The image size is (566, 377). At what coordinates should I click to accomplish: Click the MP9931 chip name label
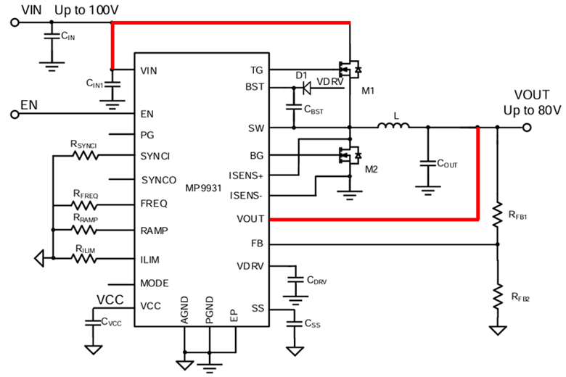pyautogui.click(x=203, y=188)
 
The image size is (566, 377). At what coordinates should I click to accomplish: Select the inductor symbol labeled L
pyautogui.click(x=393, y=125)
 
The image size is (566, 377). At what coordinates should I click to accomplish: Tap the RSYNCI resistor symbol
pyautogui.click(x=85, y=155)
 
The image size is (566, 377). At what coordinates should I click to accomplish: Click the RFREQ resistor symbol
pyautogui.click(x=84, y=205)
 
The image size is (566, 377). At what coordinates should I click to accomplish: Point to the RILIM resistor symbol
pyautogui.click(x=83, y=258)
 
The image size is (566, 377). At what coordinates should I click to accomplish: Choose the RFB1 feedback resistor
pyautogui.click(x=497, y=215)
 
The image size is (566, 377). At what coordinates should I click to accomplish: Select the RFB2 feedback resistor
pyautogui.click(x=497, y=297)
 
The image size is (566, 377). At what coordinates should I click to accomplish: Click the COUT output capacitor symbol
pyautogui.click(x=427, y=163)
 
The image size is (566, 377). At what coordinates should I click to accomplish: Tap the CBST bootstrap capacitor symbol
pyautogui.click(x=293, y=107)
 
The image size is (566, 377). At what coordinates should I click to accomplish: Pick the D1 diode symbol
pyautogui.click(x=306, y=88)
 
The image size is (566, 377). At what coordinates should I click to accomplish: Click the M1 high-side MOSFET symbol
pyautogui.click(x=350, y=69)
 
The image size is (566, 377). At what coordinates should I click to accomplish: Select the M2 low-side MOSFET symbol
pyautogui.click(x=350, y=155)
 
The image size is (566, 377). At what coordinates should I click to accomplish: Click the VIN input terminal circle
pyautogui.click(x=15, y=22)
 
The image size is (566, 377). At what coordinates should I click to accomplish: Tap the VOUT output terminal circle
pyautogui.click(x=527, y=128)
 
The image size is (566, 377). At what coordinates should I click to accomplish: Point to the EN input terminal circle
pyautogui.click(x=15, y=115)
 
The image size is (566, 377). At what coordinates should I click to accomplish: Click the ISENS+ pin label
pyautogui.click(x=246, y=175)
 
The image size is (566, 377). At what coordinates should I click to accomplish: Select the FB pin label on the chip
pyautogui.click(x=257, y=244)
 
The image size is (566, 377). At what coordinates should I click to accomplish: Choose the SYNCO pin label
pyautogui.click(x=159, y=180)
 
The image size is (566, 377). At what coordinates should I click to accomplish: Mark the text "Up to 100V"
pyautogui.click(x=86, y=10)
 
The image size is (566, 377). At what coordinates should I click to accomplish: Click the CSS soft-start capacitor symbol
pyautogui.click(x=294, y=323)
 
